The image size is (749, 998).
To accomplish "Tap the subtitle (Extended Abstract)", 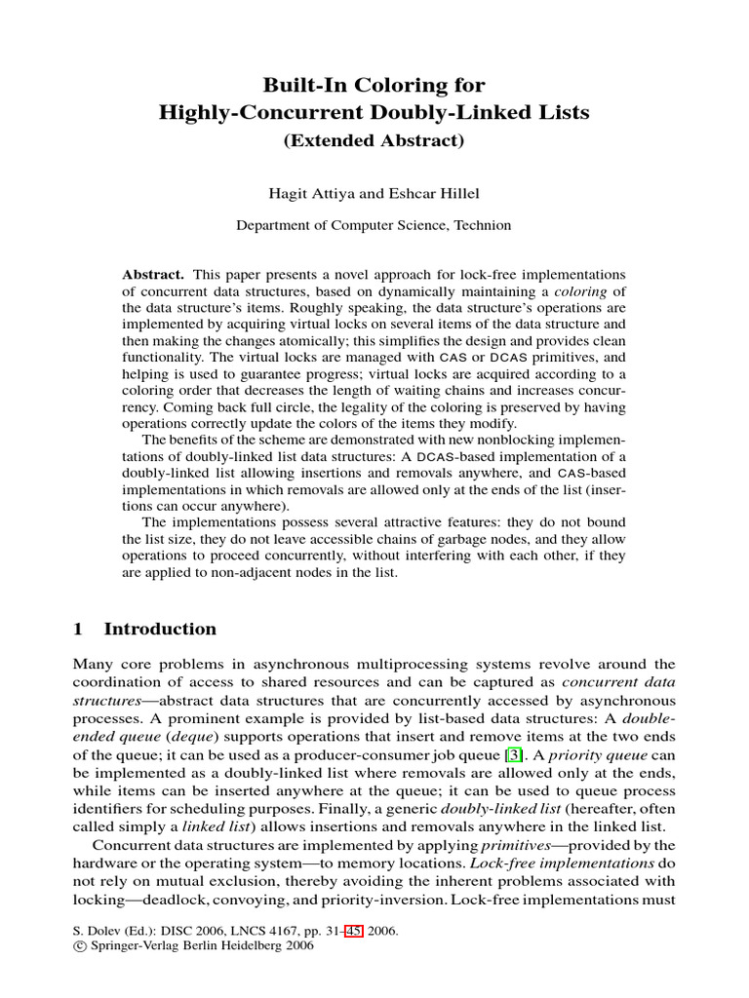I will pyautogui.click(x=374, y=139).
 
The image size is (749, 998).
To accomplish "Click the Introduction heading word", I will pyautogui.click(x=160, y=629).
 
